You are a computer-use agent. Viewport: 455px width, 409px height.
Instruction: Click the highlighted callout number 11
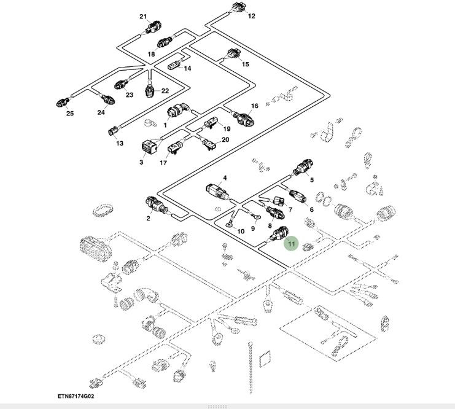(x=292, y=244)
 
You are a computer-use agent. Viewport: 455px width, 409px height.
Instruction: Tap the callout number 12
(x=251, y=16)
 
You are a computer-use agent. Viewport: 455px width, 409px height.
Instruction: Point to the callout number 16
(x=255, y=106)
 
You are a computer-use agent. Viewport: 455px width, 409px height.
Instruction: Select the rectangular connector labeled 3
(x=147, y=147)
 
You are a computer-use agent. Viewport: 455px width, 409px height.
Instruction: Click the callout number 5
(x=311, y=180)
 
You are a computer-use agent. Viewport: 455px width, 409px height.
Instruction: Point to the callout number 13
(x=120, y=143)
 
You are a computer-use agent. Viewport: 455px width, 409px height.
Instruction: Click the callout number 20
(x=225, y=140)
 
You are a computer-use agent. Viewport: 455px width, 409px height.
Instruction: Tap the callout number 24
(x=101, y=112)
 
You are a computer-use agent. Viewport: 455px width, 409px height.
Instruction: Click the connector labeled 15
(x=232, y=53)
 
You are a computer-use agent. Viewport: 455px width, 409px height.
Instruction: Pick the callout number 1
(x=165, y=125)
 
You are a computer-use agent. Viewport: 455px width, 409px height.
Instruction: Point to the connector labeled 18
(x=163, y=43)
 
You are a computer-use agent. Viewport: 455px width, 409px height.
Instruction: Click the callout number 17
(x=163, y=163)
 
